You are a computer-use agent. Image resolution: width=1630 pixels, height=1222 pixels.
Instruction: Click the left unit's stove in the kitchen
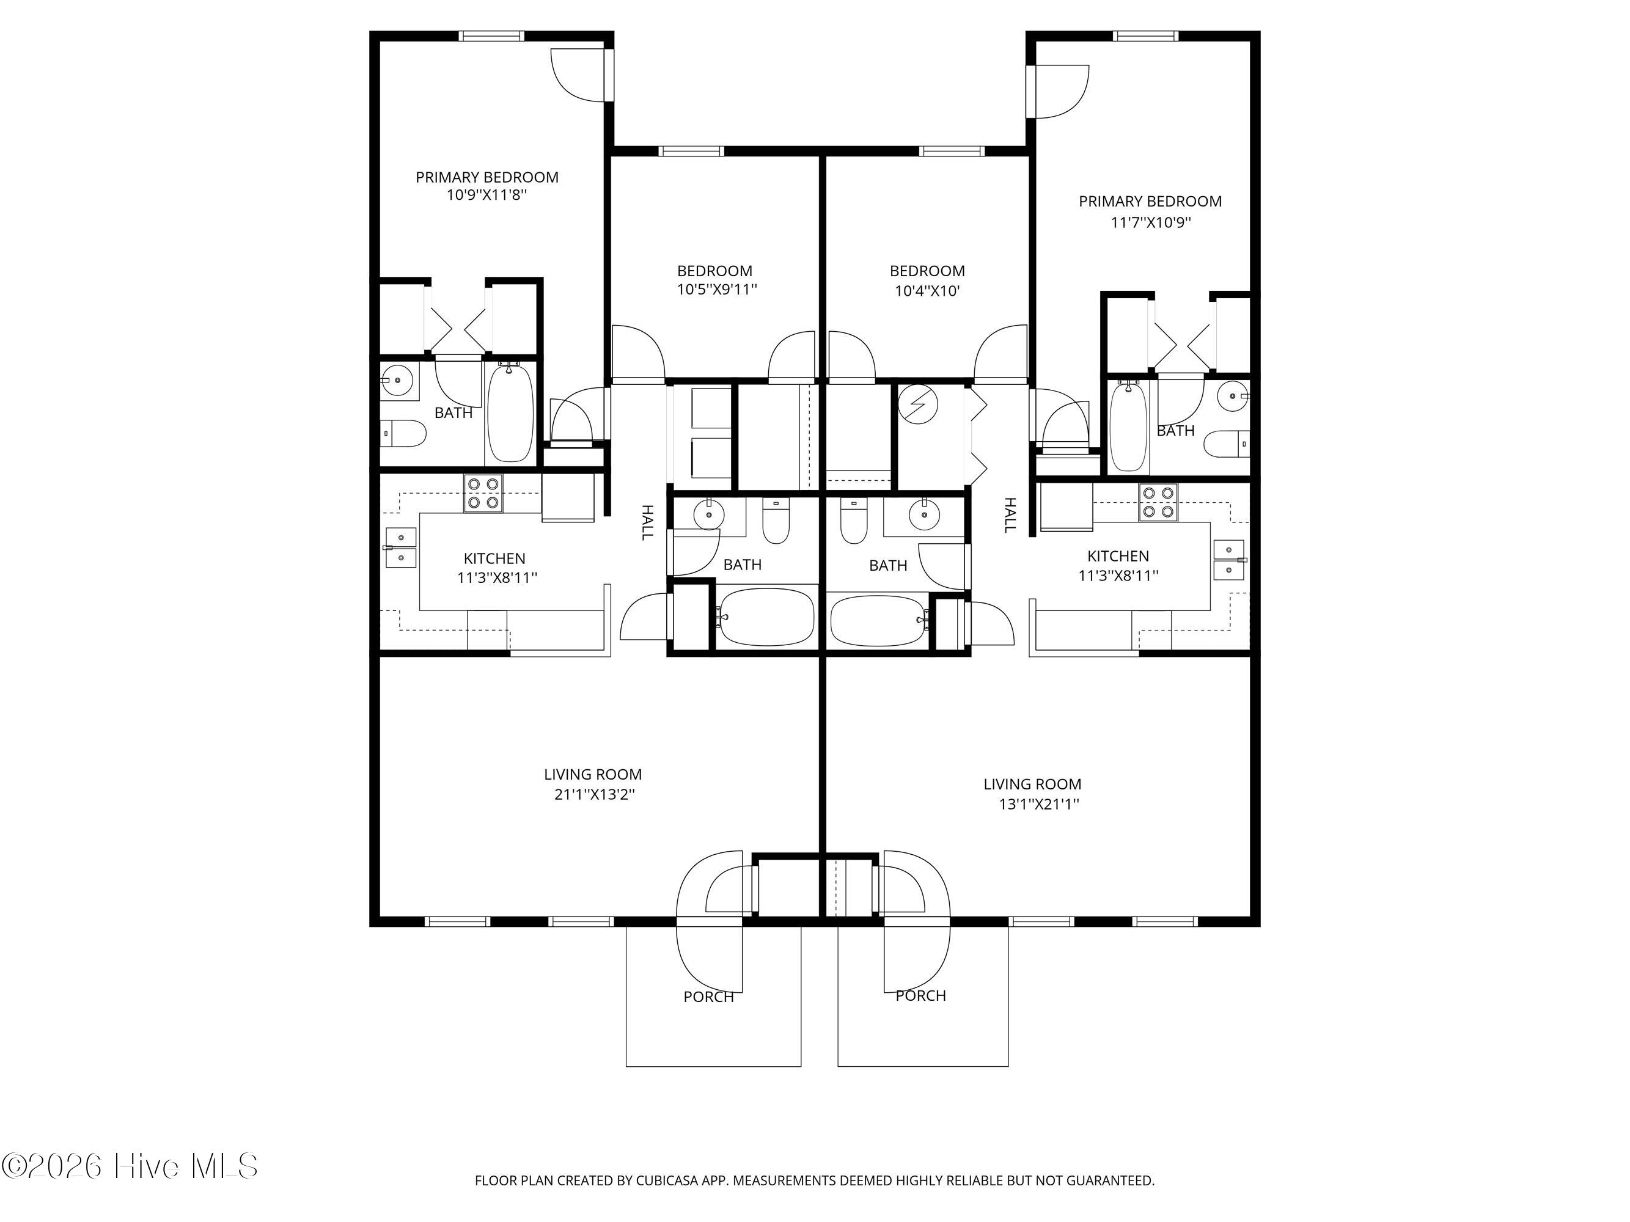pyautogui.click(x=483, y=494)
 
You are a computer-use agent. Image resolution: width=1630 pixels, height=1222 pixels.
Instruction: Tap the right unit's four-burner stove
pyautogui.click(x=1158, y=502)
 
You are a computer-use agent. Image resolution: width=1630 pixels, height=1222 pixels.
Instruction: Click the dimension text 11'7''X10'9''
pyautogui.click(x=1151, y=222)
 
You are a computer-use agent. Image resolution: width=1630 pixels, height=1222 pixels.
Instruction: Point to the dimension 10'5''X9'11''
pyautogui.click(x=717, y=290)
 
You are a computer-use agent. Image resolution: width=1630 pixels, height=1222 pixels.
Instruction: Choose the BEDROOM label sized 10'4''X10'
pyautogui.click(x=927, y=271)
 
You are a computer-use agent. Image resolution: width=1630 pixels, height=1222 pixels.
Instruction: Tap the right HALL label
pyautogui.click(x=1010, y=515)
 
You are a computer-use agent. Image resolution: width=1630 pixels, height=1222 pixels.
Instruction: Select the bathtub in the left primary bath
pyautogui.click(x=509, y=413)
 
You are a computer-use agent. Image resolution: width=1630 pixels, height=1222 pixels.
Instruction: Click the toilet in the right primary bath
pyautogui.click(x=1226, y=444)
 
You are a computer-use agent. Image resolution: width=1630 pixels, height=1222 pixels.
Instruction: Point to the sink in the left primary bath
pyautogui.click(x=398, y=381)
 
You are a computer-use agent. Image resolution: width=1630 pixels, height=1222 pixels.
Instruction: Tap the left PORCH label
pyautogui.click(x=709, y=997)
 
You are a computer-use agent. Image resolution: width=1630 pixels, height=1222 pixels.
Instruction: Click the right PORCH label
pyautogui.click(x=921, y=996)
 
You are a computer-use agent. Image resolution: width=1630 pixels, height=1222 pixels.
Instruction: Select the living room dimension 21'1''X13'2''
pyautogui.click(x=595, y=795)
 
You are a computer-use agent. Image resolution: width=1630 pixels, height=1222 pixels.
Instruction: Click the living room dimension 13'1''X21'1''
pyautogui.click(x=1039, y=804)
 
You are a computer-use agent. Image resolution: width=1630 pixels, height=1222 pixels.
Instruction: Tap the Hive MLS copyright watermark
pyautogui.click(x=130, y=1166)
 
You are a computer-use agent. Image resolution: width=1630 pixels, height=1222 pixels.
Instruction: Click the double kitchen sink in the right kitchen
pyautogui.click(x=1229, y=560)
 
